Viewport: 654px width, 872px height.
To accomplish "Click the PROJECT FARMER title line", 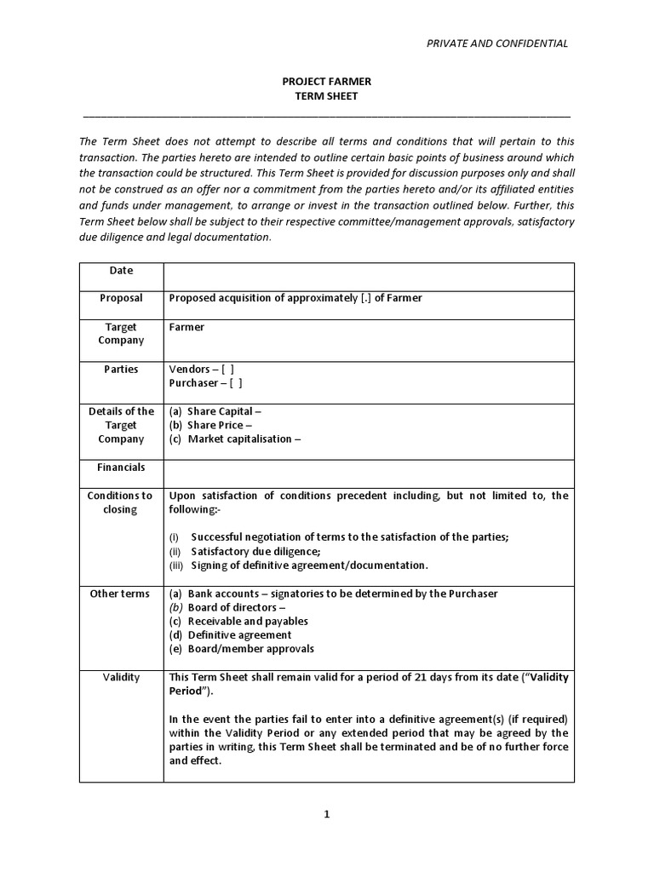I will (327, 82).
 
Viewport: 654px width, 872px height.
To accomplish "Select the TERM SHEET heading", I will (327, 96).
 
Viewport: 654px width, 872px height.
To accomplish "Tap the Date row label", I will (121, 270).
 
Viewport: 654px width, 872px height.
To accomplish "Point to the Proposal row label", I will (121, 298).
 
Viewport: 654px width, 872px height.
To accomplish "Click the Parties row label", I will (121, 369).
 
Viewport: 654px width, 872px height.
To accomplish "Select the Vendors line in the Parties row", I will (203, 369).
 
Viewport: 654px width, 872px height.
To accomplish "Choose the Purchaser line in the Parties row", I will (206, 383).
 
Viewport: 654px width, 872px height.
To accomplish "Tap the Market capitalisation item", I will (235, 439).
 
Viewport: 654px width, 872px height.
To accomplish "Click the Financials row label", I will (121, 467).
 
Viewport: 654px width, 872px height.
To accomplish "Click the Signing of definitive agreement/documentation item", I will (299, 565).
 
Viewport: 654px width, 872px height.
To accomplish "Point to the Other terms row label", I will (121, 594).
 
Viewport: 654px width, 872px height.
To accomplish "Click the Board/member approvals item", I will (242, 649).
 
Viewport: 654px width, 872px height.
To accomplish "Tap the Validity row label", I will (121, 677).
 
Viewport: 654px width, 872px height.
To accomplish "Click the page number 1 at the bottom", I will (326, 814).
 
